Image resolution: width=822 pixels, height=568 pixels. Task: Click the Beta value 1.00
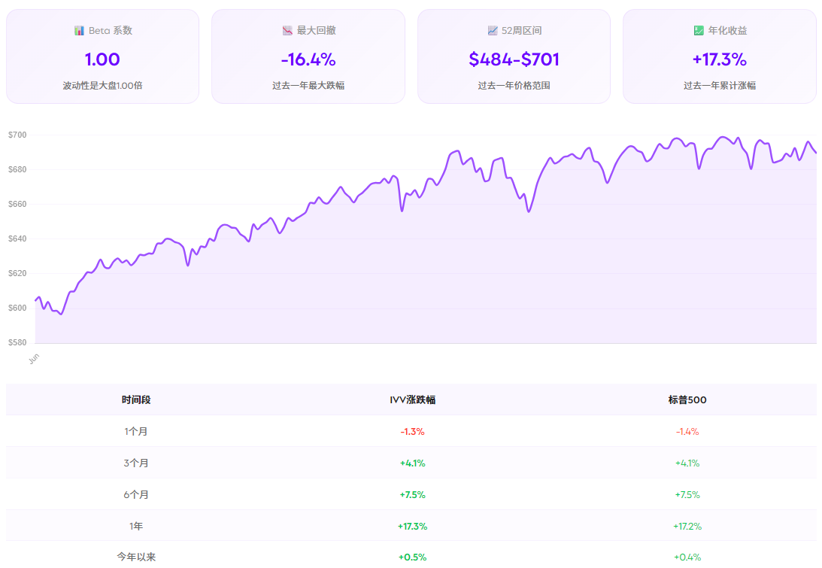click(102, 59)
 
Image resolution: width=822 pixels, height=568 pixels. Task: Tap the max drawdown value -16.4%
click(308, 59)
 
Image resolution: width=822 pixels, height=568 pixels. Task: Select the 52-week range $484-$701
click(514, 59)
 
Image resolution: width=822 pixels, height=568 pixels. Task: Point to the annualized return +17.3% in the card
click(719, 59)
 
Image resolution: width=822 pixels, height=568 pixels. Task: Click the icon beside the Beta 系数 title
click(79, 31)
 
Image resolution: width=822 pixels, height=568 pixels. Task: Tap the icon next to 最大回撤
click(287, 31)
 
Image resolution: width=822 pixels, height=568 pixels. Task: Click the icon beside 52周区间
click(492, 31)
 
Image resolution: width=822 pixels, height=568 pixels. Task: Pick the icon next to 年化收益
click(699, 31)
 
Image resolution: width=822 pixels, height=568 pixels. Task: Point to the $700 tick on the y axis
click(17, 135)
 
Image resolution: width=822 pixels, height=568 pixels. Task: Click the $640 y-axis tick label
click(17, 238)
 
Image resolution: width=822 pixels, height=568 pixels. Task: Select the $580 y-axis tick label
click(17, 342)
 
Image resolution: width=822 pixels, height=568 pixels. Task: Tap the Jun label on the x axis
click(33, 358)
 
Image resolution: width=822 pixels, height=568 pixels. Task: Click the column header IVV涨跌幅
click(412, 399)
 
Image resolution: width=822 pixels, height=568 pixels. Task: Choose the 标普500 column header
click(687, 399)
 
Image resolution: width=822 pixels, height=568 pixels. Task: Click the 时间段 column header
click(136, 399)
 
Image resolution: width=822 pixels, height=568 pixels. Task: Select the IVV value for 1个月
click(412, 432)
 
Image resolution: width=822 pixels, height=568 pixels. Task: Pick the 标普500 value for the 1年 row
click(687, 526)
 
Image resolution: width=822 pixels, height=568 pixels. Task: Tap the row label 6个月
click(136, 494)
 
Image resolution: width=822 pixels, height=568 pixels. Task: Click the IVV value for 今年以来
click(412, 557)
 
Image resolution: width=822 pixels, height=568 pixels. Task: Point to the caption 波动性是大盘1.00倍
click(102, 86)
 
